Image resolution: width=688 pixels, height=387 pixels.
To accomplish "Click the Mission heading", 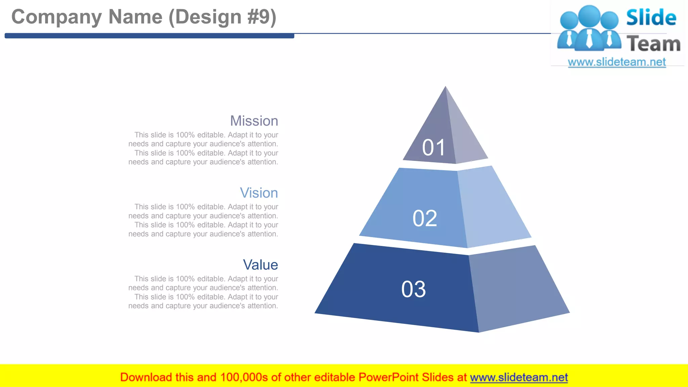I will click(254, 121).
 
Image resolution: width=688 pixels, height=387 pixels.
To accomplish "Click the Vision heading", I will click(259, 193).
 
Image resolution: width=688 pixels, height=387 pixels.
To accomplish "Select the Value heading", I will click(260, 265).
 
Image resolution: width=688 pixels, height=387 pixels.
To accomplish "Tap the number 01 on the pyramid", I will click(433, 147).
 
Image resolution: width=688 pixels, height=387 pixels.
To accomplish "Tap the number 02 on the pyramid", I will click(425, 218).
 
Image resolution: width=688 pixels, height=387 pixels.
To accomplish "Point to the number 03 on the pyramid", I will click(413, 289).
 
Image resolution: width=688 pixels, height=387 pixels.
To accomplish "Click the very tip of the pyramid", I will click(445, 88).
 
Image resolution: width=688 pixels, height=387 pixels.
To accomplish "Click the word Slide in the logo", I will click(651, 17).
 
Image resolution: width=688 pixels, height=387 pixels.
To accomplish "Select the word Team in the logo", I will click(653, 44).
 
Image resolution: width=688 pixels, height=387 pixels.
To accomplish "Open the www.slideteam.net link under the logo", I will click(617, 62).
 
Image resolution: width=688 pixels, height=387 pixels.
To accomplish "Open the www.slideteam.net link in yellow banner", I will click(519, 377).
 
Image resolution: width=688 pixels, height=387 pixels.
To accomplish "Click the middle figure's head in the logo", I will click(589, 15).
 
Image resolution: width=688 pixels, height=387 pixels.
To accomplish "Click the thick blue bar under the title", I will click(149, 36).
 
